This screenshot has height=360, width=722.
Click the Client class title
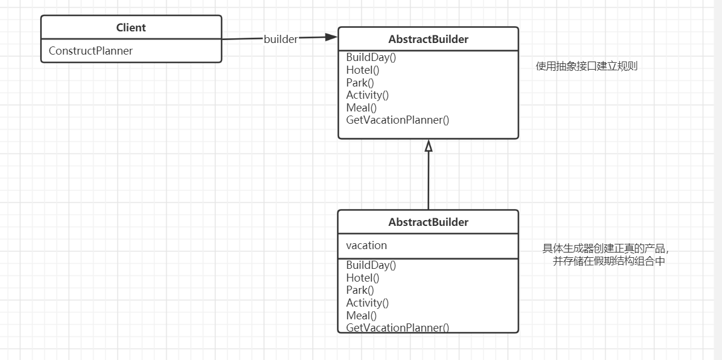[131, 28]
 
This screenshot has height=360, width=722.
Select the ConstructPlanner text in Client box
[91, 51]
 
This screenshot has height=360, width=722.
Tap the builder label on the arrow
[281, 39]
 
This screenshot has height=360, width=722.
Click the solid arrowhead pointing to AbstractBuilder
[331, 37]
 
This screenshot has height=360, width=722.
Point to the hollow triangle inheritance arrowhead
[428, 146]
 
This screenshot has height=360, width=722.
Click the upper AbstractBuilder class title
[428, 39]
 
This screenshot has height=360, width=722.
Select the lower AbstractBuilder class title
[428, 222]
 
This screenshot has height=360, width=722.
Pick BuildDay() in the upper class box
[371, 57]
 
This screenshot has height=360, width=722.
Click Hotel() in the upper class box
[362, 70]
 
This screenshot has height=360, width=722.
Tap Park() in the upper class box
[360, 82]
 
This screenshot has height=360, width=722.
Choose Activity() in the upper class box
[368, 95]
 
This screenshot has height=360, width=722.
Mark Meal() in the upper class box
[361, 107]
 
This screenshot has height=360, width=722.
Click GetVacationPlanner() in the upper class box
[397, 120]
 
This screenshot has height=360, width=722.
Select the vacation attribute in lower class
[367, 246]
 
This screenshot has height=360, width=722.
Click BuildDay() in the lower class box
[371, 265]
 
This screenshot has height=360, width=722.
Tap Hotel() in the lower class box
[362, 278]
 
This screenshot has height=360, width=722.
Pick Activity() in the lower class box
[368, 303]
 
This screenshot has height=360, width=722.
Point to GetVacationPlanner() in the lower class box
[397, 327]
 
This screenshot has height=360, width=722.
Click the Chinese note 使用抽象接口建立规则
[587, 66]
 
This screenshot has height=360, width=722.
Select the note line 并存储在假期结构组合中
[609, 261]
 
